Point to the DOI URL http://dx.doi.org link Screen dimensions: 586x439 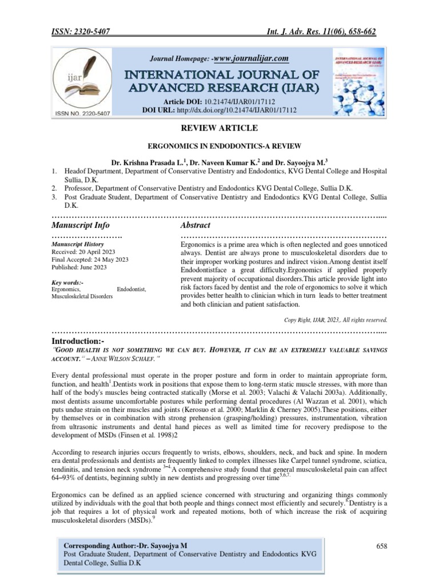pos(251,110)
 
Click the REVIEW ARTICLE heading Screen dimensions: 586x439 pos(219,128)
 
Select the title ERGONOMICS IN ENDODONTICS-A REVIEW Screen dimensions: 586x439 pos(219,146)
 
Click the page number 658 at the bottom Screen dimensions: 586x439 pos(382,547)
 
